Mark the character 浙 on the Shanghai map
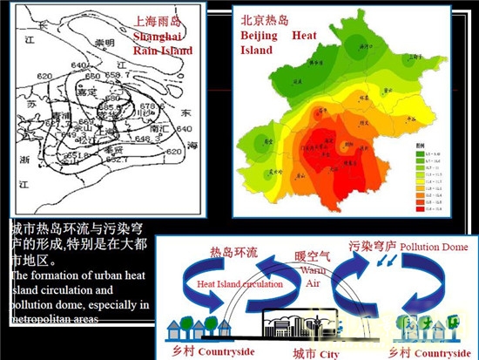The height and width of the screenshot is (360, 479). click(19, 159)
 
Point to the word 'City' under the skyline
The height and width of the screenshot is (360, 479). click(327, 354)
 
